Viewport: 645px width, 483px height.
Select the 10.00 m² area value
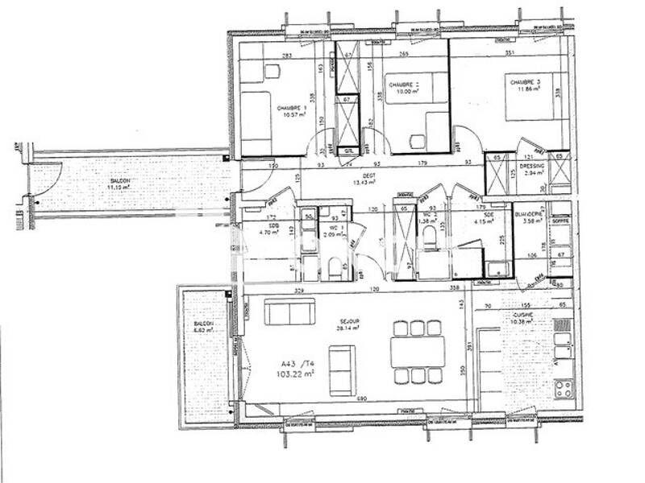point(402,93)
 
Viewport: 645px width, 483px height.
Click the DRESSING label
point(533,166)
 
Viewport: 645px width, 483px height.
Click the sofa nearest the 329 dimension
point(289,311)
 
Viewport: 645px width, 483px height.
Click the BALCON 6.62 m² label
point(203,326)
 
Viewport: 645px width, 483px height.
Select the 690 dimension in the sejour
point(362,399)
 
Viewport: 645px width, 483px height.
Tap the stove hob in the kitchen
point(563,388)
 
